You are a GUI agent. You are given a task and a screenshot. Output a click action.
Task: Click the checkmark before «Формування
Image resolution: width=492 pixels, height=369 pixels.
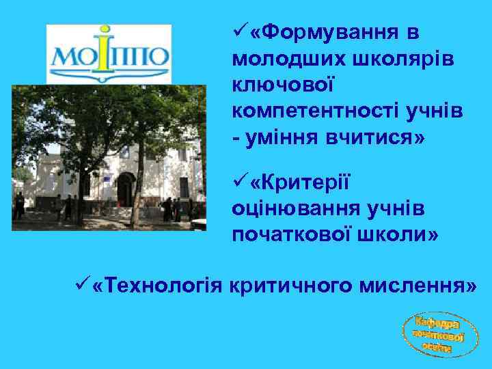pyautogui.click(x=239, y=31)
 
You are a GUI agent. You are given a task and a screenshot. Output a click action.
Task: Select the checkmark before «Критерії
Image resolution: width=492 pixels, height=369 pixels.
pyautogui.click(x=239, y=180)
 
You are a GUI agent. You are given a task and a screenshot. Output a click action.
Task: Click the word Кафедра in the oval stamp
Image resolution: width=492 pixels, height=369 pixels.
pyautogui.click(x=437, y=322)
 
